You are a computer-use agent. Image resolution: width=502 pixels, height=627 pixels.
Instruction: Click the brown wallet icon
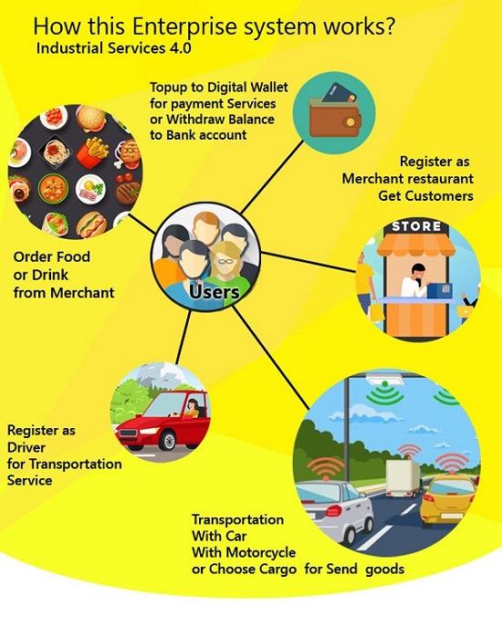point(335,116)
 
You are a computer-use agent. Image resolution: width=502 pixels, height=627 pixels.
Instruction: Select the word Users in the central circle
point(214,291)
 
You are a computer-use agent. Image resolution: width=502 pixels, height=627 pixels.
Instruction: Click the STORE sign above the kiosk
point(416,226)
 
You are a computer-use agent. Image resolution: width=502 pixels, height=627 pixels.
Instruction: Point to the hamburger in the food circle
point(90,117)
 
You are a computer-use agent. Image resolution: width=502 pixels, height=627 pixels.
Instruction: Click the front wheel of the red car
point(168,440)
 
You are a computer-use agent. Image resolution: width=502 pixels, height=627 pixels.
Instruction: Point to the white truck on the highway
point(403,478)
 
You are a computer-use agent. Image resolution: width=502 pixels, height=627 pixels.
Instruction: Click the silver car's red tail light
point(332,511)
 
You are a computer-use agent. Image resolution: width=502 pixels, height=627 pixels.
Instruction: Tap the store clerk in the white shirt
point(415,281)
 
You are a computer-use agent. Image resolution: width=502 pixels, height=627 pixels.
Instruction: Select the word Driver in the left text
point(26,447)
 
